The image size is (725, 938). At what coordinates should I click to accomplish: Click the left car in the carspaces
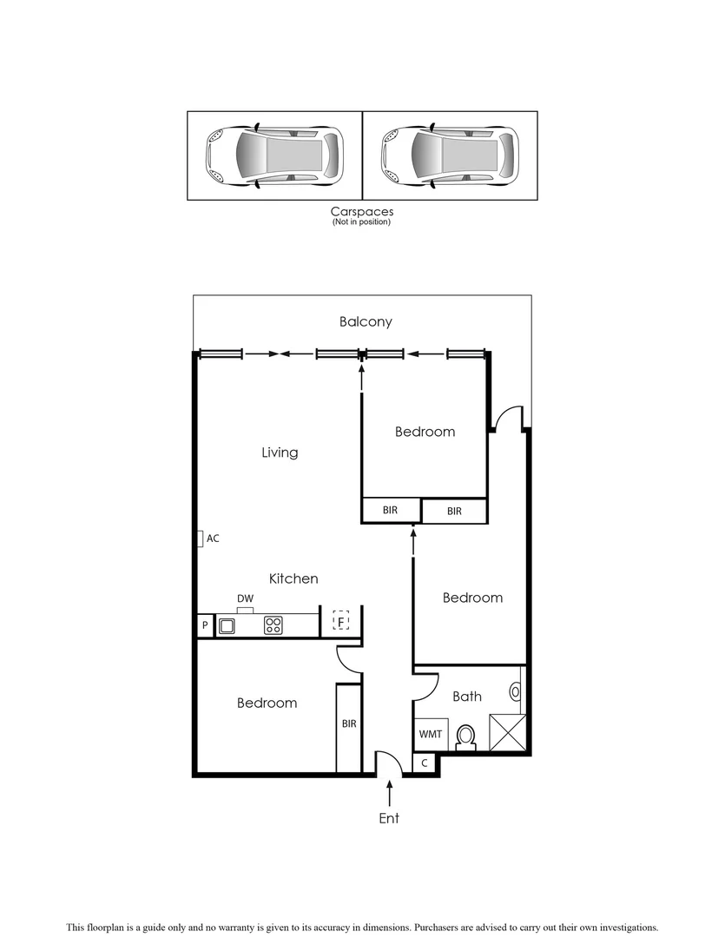click(x=274, y=156)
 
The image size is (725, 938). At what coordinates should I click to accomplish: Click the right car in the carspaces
click(x=450, y=156)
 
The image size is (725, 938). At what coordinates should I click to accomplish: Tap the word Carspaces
click(x=361, y=211)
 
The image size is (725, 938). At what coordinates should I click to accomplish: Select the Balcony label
click(x=366, y=321)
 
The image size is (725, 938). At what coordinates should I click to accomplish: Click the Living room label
click(x=280, y=452)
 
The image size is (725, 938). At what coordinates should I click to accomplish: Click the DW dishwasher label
click(x=245, y=598)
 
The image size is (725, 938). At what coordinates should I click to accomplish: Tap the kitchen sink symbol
click(x=227, y=625)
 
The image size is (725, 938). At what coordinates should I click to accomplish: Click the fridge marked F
click(x=341, y=622)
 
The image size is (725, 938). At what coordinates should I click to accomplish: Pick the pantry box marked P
click(x=205, y=625)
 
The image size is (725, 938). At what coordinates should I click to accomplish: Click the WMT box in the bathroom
click(x=431, y=734)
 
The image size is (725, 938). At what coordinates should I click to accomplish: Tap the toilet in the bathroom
click(x=466, y=737)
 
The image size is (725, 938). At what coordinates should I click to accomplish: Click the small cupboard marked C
click(x=425, y=763)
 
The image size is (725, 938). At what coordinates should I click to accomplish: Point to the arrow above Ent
click(x=389, y=793)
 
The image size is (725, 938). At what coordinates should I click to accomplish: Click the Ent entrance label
click(x=389, y=818)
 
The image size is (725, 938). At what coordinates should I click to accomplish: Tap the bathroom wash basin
click(x=517, y=691)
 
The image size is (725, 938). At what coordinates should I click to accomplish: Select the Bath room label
click(x=467, y=697)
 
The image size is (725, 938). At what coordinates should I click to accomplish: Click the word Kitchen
click(x=293, y=578)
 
